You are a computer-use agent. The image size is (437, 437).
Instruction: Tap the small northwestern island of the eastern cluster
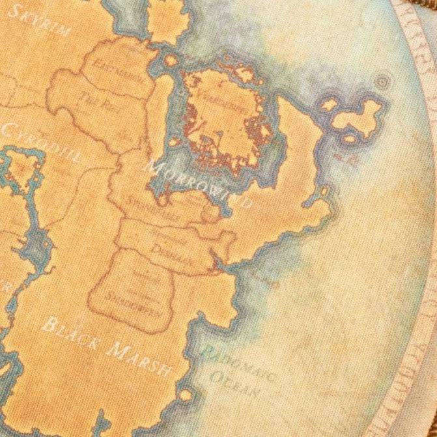[329, 104]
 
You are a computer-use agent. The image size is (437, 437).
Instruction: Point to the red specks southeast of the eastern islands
[338, 158]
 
